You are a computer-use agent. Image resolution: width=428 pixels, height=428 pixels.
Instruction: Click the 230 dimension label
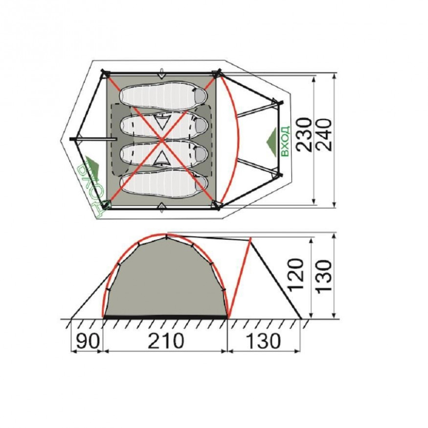coord(304,135)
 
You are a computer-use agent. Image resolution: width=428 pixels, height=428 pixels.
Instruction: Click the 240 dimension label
coord(324,135)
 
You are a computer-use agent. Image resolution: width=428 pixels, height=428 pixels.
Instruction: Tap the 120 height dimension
coord(296,275)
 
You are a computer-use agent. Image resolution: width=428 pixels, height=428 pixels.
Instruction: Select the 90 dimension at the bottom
coord(87,341)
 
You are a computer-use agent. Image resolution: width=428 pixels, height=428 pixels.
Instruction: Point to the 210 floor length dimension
coord(166,341)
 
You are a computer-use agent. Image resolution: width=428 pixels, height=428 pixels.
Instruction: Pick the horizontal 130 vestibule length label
coord(263,341)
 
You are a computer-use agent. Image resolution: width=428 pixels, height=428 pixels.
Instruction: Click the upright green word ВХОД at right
coord(285,141)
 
